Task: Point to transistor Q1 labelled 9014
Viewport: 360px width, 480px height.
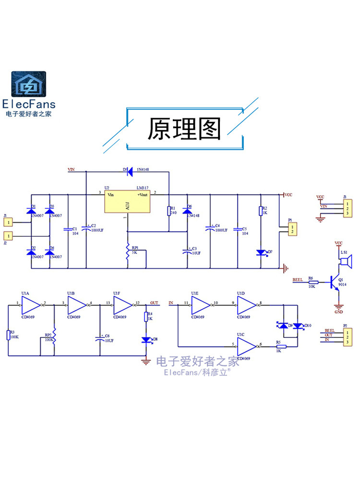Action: pos(334,283)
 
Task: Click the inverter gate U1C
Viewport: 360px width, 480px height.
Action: pos(247,345)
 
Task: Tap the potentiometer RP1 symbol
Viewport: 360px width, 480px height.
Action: pos(128,255)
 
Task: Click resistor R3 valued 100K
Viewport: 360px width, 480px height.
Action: pos(8,335)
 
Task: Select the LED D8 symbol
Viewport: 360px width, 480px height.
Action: pos(146,339)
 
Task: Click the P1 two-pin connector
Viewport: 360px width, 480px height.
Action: pos(291,229)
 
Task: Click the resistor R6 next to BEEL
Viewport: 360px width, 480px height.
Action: pos(312,282)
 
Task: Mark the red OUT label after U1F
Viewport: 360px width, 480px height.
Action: pos(154,303)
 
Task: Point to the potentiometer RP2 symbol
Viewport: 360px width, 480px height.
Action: pos(54,336)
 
